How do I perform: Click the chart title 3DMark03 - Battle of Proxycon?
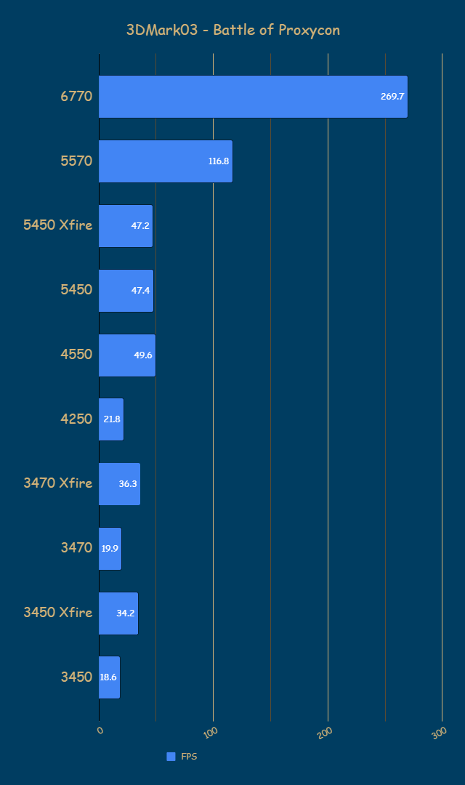(232, 30)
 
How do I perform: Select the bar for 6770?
(253, 97)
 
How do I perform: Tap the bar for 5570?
(166, 161)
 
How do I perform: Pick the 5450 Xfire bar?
(126, 226)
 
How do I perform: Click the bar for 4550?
(127, 355)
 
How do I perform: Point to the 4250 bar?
(111, 419)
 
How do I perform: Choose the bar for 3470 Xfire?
(119, 484)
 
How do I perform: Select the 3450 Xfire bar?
(118, 613)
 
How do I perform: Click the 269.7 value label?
(392, 97)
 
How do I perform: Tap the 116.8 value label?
(219, 161)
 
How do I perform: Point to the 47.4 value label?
(141, 291)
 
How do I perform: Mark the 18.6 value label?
(108, 677)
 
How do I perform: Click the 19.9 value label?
(110, 549)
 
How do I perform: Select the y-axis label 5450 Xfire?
(58, 225)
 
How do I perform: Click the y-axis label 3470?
(76, 548)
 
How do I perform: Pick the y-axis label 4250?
(76, 419)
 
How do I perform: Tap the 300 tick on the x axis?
(439, 733)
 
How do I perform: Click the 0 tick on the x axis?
(100, 729)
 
